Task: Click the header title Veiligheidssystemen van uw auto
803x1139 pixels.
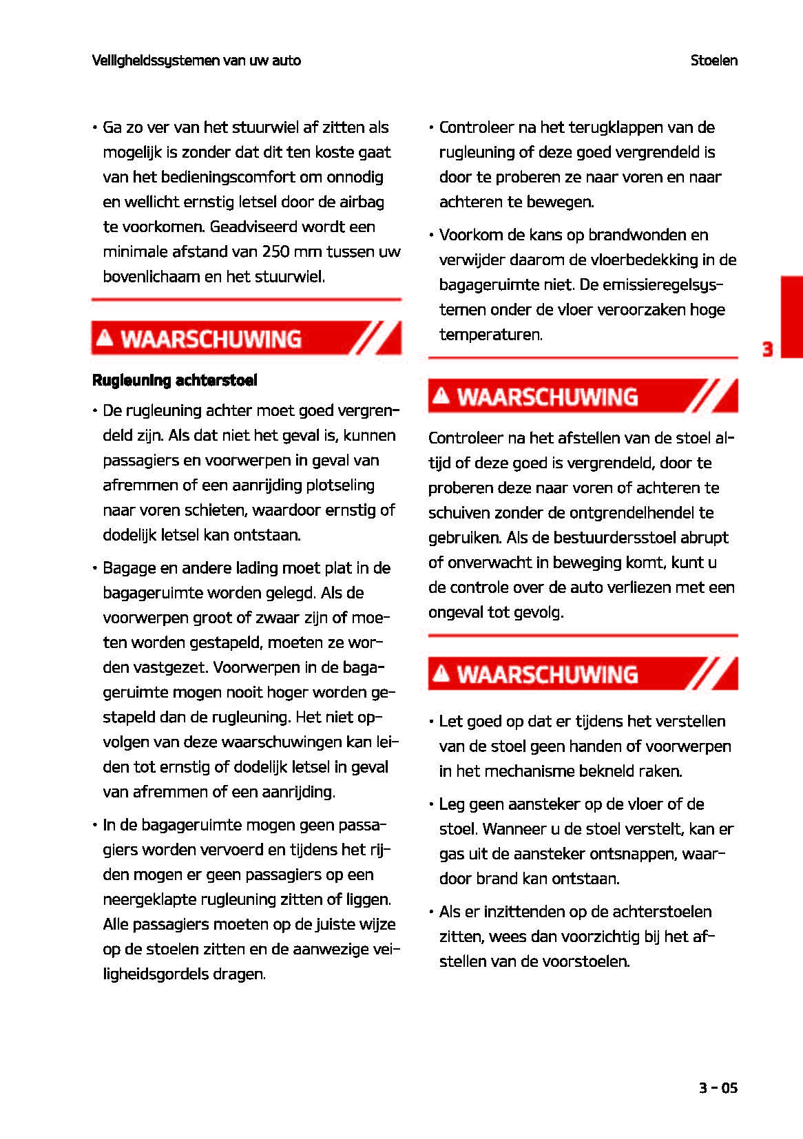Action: click(x=196, y=61)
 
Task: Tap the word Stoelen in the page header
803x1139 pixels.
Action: click(x=713, y=61)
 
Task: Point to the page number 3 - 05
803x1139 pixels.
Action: click(x=718, y=1088)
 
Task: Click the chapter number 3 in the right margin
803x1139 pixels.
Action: click(x=767, y=349)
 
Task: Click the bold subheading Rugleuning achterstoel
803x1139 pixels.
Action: click(x=175, y=380)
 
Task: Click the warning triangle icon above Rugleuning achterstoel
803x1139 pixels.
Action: click(x=105, y=338)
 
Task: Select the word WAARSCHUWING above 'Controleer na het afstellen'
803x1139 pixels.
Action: click(x=547, y=397)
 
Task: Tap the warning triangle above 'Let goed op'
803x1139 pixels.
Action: click(x=441, y=673)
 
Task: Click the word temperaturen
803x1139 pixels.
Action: click(x=490, y=335)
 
